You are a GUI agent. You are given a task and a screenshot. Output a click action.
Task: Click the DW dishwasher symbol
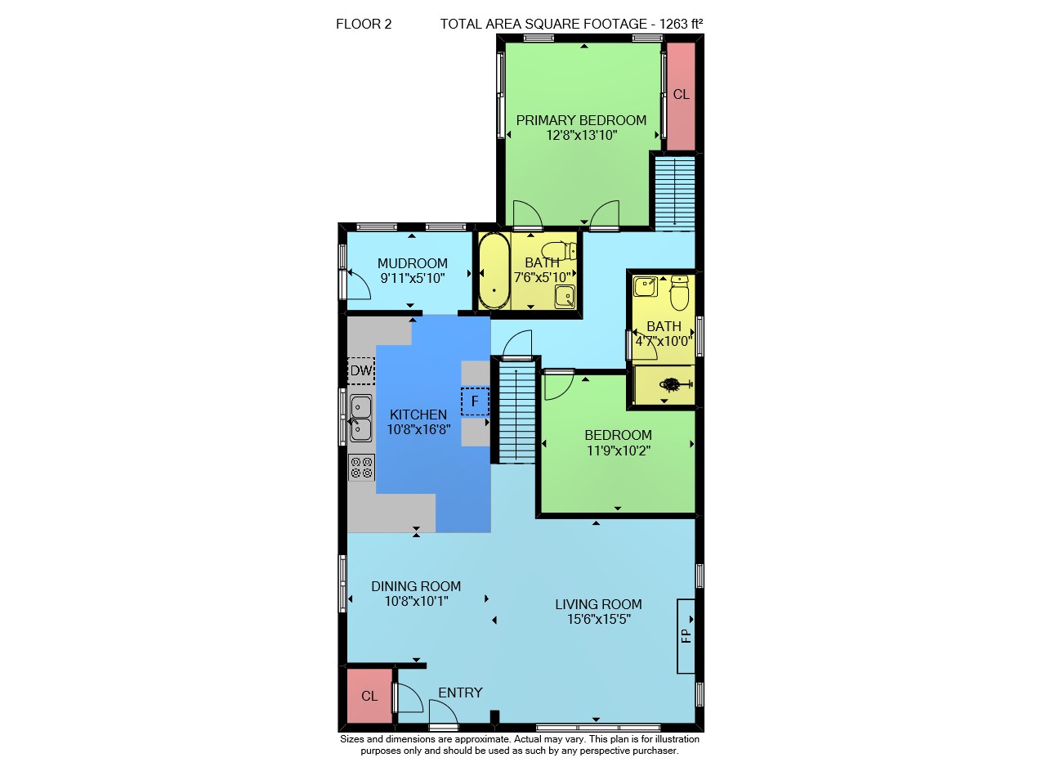pyautogui.click(x=361, y=371)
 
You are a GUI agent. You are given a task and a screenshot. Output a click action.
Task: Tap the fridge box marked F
pyautogui.click(x=475, y=401)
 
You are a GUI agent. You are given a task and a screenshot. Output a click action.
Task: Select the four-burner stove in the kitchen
pyautogui.click(x=362, y=468)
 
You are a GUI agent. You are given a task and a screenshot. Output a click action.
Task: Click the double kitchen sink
pyautogui.click(x=361, y=418)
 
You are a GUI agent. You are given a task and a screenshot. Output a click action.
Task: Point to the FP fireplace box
pyautogui.click(x=686, y=636)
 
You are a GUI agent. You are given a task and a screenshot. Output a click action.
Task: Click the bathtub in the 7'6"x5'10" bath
pyautogui.click(x=494, y=271)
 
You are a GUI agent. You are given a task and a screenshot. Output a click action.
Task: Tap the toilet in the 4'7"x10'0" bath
pyautogui.click(x=679, y=293)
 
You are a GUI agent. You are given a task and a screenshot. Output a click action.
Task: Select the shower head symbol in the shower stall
pyautogui.click(x=675, y=385)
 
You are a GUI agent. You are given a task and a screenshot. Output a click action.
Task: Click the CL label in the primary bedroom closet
pyautogui.click(x=681, y=95)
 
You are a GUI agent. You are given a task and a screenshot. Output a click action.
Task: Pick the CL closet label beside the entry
pyautogui.click(x=369, y=697)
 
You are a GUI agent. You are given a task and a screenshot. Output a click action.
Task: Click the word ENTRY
pyautogui.click(x=460, y=693)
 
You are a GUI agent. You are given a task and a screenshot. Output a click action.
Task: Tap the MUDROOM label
pyautogui.click(x=413, y=263)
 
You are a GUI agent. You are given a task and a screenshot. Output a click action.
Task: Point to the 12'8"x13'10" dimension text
pyautogui.click(x=581, y=136)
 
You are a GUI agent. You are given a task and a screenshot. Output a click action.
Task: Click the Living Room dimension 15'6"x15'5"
pyautogui.click(x=599, y=619)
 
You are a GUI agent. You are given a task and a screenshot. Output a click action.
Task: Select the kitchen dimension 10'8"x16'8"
pyautogui.click(x=418, y=429)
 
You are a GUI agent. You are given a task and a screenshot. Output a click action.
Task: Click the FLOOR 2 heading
pyautogui.click(x=364, y=24)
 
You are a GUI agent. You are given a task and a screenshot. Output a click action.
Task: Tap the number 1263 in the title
pyautogui.click(x=673, y=24)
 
